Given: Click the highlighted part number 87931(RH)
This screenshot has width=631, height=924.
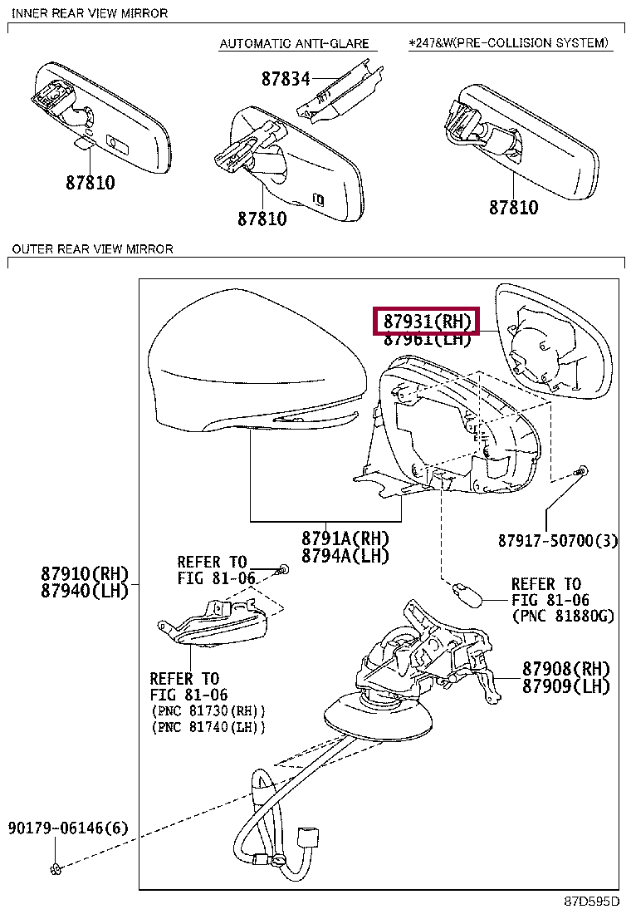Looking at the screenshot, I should pos(427,321).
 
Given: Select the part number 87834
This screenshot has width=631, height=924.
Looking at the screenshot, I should pos(285,79).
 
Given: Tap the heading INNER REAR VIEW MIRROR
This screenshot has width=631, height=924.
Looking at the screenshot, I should pos(90,13).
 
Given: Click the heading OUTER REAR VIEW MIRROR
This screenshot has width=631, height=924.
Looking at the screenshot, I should pos(92,248).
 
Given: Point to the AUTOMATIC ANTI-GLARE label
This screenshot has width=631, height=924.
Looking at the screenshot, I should pos(293,43).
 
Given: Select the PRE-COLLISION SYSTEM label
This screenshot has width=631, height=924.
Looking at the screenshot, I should pos(510,42).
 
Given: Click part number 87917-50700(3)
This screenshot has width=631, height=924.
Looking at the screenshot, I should pos(558,541).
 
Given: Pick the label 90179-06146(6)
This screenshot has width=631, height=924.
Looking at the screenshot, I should pos(69,828).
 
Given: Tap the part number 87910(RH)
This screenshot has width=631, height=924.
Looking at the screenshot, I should pos(86,573).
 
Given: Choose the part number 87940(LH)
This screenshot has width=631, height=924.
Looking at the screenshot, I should pos(86,591).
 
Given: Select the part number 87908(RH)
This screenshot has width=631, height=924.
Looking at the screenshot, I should pos(565,669).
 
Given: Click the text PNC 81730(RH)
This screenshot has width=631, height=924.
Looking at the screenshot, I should pos(208,711).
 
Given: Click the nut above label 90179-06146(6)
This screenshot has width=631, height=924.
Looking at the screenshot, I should pos(56,869).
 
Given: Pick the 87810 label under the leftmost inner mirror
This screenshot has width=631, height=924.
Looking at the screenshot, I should pos(90,183).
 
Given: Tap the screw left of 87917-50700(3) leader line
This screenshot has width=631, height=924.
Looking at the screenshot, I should pos(582,472).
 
